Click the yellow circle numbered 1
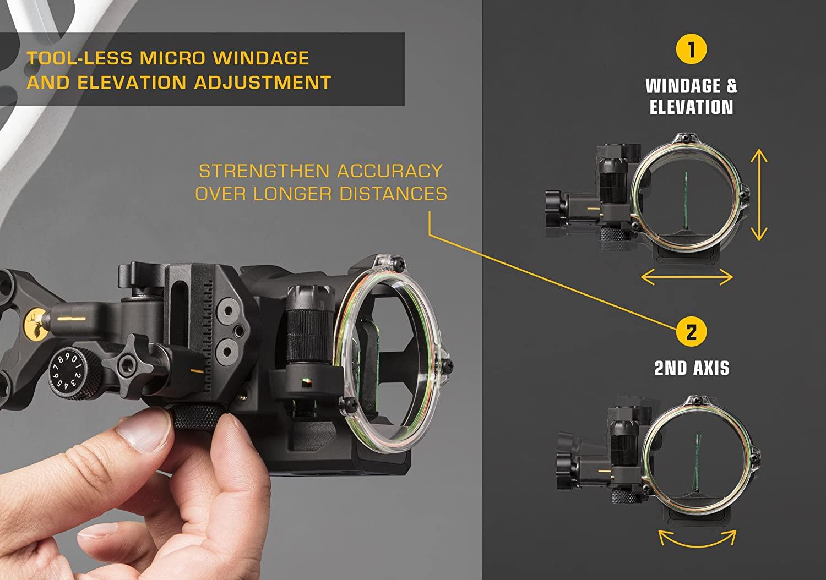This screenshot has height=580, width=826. (691, 49)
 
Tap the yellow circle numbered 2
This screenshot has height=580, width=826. (691, 332)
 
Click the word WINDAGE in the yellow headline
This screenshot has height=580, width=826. (261, 58)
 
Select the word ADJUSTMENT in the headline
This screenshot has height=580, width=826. (263, 82)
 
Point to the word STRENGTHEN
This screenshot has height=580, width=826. (264, 171)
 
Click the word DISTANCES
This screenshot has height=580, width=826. (393, 194)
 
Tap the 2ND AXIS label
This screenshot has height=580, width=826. (692, 368)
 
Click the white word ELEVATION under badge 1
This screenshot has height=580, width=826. (692, 107)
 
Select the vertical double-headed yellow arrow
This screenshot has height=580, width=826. (759, 195)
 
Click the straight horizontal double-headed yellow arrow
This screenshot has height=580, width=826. (687, 277)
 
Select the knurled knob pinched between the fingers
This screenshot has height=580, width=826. (199, 417)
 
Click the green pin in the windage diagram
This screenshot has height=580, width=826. (685, 201)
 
